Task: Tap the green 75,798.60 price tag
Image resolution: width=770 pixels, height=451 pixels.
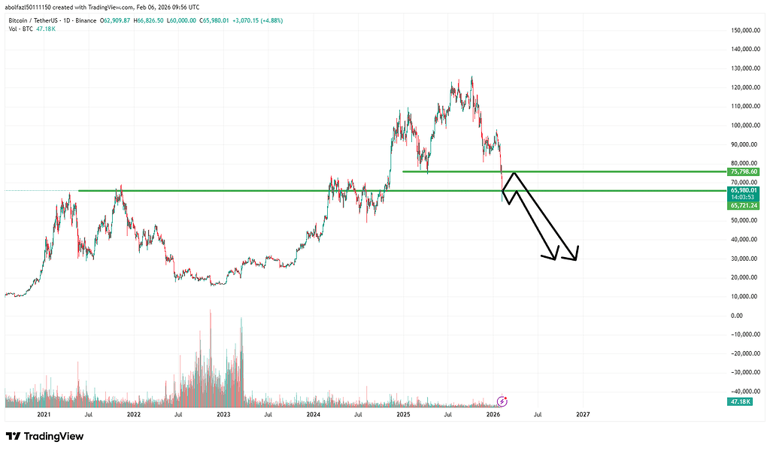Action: tap(744, 172)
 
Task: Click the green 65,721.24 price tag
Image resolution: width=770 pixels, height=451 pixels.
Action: tap(744, 205)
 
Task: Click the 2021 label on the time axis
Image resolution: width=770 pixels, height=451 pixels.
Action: tap(44, 414)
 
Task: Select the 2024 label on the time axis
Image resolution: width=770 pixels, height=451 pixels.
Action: tap(314, 414)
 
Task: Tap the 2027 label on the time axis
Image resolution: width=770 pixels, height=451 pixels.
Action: tap(583, 414)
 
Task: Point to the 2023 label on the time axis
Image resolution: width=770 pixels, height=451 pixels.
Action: tap(223, 414)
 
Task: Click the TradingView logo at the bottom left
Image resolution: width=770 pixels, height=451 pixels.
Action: tap(44, 436)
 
